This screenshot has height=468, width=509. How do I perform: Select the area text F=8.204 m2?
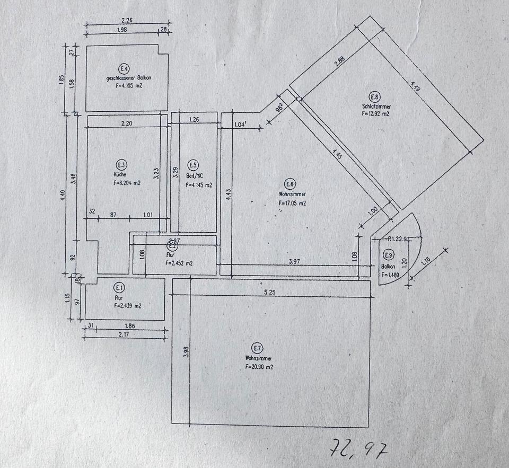(127, 183)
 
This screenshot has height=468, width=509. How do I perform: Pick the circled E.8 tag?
(375, 96)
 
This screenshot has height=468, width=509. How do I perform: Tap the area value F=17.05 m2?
(292, 202)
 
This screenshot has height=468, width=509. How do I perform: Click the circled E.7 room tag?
(257, 348)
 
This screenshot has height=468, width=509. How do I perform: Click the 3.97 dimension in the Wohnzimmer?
(296, 261)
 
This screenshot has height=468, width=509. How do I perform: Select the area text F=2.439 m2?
(127, 305)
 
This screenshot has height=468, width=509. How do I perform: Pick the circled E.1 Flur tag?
(119, 288)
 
